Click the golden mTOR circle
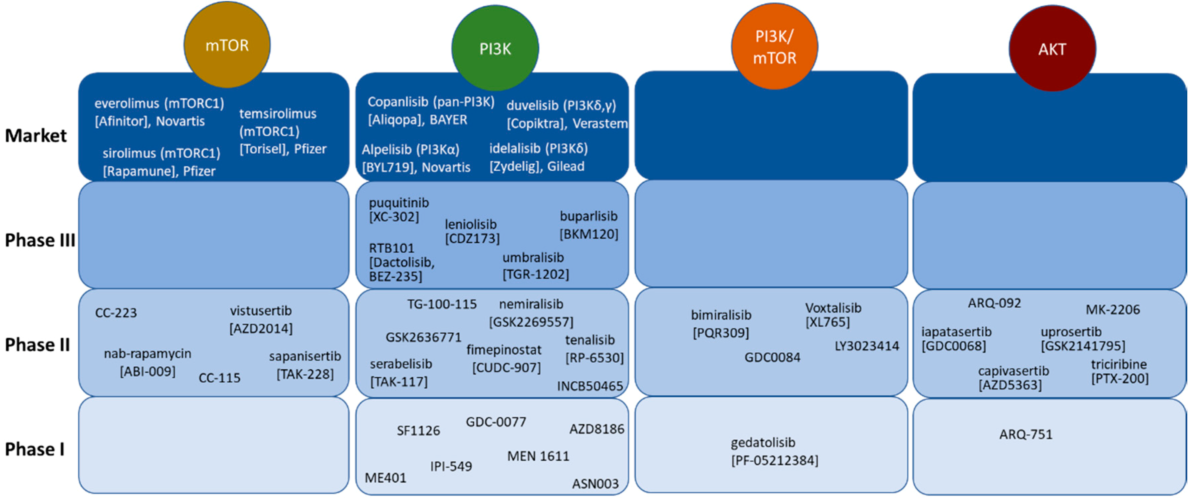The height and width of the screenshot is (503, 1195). [x=227, y=45]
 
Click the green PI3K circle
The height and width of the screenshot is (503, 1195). [x=495, y=48]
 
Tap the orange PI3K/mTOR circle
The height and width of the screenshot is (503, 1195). [x=774, y=47]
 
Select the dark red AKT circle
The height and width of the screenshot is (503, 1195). [x=1052, y=49]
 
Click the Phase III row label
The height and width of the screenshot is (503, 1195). [x=39, y=240]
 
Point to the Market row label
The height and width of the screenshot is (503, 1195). [x=36, y=136]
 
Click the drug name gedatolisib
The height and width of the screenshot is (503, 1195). [x=763, y=443]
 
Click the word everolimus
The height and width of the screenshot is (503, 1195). [x=126, y=103]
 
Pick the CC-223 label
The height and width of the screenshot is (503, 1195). [x=116, y=313]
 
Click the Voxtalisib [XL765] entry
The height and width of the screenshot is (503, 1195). [x=833, y=315]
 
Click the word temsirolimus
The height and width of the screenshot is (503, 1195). [x=277, y=114]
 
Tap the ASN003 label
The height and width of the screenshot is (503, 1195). [x=595, y=484]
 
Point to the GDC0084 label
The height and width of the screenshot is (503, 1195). [x=772, y=357]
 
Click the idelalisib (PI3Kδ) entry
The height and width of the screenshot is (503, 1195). [x=538, y=149]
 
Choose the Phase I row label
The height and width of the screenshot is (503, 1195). [x=34, y=449]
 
